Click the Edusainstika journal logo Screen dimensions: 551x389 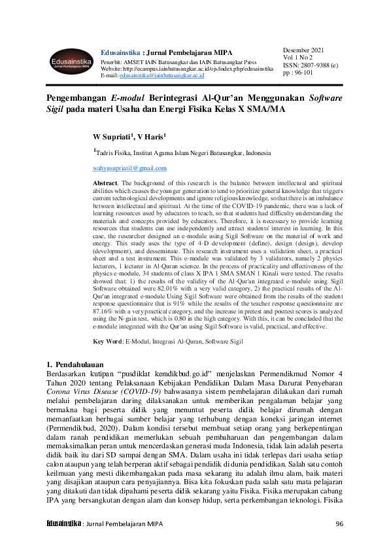pos(69,61)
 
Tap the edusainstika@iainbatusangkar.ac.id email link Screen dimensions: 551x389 pos(161,76)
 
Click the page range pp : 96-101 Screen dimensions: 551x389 pos(297,74)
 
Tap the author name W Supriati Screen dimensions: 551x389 pos(112,137)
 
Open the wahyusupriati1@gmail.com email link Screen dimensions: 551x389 pos(129,168)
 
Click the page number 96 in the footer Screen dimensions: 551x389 pos(339,524)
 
